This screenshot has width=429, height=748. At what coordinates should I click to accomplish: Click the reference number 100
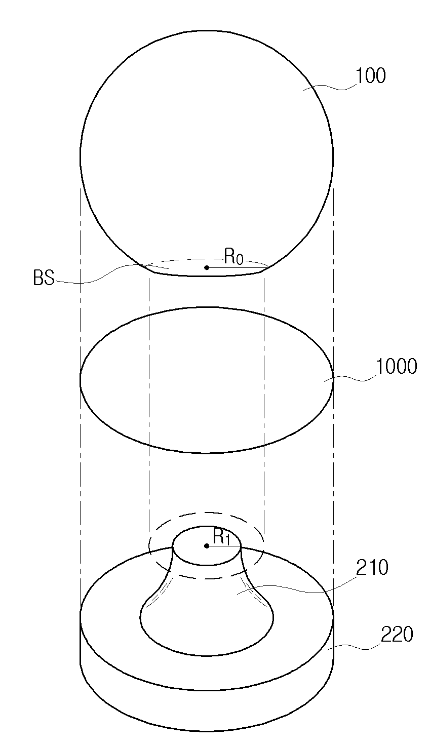tap(371, 75)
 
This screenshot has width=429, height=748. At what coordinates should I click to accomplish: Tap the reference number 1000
tap(396, 366)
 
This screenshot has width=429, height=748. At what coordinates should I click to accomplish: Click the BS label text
tap(44, 278)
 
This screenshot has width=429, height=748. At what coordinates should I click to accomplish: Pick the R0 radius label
tap(233, 257)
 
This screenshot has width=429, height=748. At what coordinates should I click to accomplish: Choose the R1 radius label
tap(222, 537)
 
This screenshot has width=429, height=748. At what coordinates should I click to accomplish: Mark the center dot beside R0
tap(207, 267)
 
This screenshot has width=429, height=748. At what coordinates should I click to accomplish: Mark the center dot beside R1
tap(207, 545)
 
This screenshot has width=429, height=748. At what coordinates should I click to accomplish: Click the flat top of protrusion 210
tap(207, 545)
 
